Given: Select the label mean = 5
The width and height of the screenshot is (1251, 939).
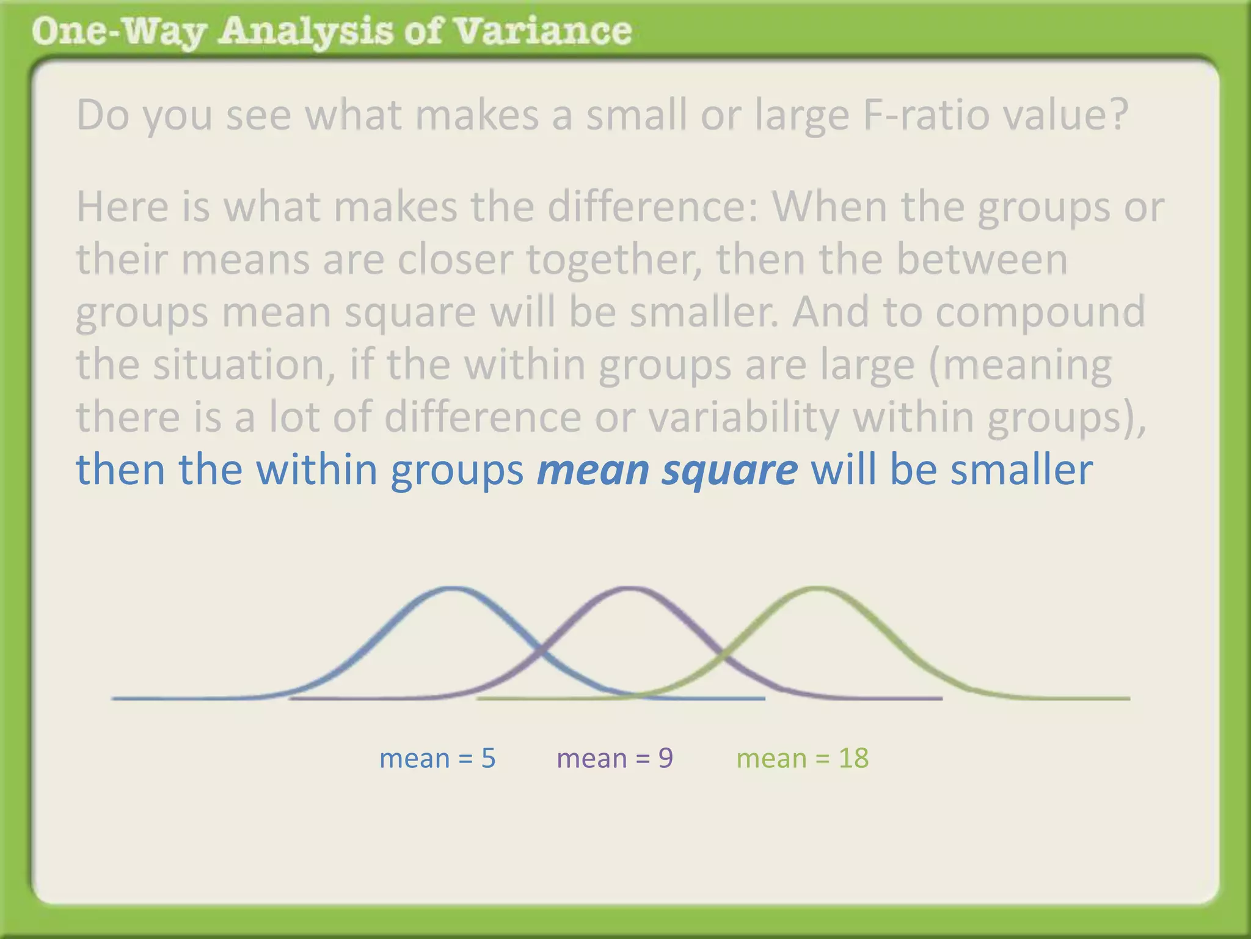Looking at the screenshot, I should [x=437, y=758].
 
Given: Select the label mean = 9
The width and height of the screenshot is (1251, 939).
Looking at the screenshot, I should [x=615, y=758].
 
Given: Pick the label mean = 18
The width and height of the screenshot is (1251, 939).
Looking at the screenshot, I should [x=802, y=758].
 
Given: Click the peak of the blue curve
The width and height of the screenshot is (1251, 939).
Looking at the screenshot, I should [x=452, y=589].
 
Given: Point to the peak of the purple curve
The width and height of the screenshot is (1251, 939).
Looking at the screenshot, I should [x=629, y=589].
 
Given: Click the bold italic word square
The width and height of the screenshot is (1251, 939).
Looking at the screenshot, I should [x=730, y=470].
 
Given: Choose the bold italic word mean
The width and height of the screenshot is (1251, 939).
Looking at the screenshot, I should [x=593, y=470].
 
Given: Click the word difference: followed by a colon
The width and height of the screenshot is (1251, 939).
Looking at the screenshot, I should [x=652, y=207].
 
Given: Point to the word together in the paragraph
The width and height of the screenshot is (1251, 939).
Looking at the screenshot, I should [x=614, y=260].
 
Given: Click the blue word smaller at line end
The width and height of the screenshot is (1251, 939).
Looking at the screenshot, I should [x=1021, y=470].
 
